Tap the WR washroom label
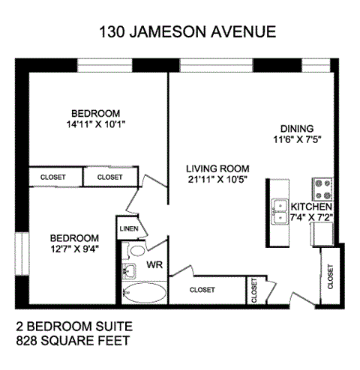(155, 264)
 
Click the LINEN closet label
(128, 228)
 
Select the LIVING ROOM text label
(217, 169)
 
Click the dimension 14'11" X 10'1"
(94, 124)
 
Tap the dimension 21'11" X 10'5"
(217, 179)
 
